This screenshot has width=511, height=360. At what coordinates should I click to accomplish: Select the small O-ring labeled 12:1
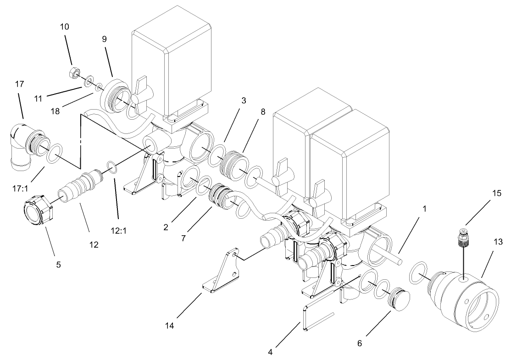pyautogui.click(x=111, y=166)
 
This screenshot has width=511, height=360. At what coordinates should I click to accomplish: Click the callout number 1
pyautogui.click(x=424, y=209)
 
